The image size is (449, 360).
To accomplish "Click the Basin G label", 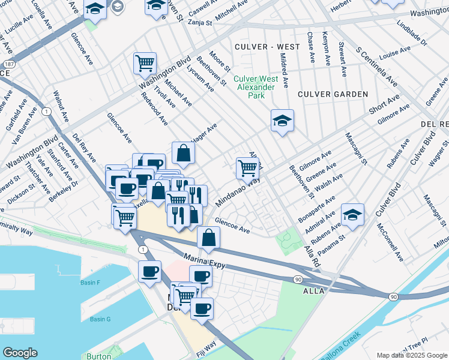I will pos(100,319).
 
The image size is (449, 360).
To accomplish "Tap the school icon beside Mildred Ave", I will pos(282,121).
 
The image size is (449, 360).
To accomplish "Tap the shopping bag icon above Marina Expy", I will pos(208,238).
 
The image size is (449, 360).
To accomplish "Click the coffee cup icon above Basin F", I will pos(149,271).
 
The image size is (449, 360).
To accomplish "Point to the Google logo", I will pos(20,353).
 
